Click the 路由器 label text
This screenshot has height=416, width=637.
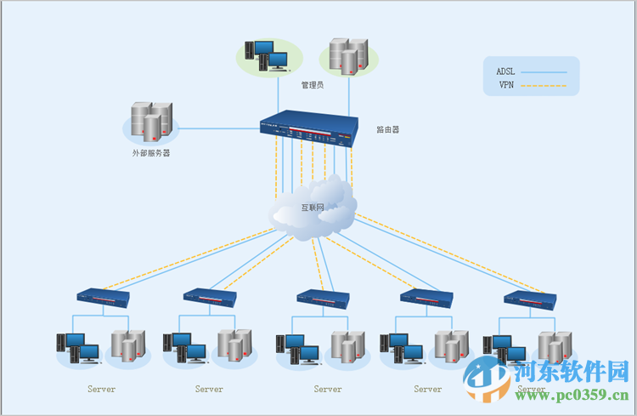[x=388, y=130]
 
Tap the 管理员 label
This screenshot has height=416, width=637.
[x=313, y=85]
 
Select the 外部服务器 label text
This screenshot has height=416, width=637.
[x=150, y=154]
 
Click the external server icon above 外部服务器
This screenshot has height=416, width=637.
[x=151, y=122]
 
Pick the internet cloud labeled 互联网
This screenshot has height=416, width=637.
[x=313, y=208]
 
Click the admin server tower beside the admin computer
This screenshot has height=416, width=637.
[x=348, y=54]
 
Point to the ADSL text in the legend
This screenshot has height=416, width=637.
[x=506, y=71]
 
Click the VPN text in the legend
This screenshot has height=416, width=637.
[x=506, y=85]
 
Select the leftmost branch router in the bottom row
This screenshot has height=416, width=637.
[x=102, y=298]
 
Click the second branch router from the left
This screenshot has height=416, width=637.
[x=210, y=296]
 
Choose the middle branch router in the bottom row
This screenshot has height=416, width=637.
[x=323, y=298]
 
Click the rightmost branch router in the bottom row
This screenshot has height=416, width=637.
[x=530, y=298]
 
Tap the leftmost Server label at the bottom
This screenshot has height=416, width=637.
[x=101, y=390]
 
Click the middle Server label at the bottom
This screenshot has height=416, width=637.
[x=328, y=390]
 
